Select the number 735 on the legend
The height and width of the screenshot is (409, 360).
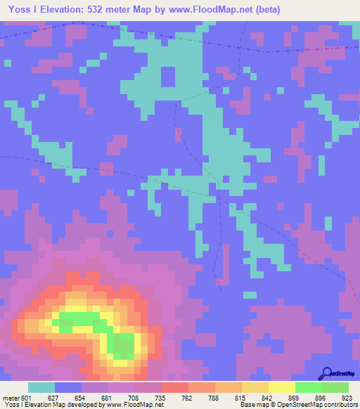tap(162, 397)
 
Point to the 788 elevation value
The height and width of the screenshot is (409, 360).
tap(215, 397)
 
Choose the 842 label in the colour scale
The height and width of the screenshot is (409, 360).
tap(269, 397)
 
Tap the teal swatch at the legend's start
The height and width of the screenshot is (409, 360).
tap(41, 387)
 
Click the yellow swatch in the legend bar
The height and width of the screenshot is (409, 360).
tap(281, 387)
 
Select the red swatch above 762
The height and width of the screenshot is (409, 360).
tap(174, 387)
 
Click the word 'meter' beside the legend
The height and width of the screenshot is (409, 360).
tap(11, 397)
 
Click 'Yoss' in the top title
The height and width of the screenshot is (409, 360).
tap(16, 9)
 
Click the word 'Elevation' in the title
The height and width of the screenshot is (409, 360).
tap(60, 9)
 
